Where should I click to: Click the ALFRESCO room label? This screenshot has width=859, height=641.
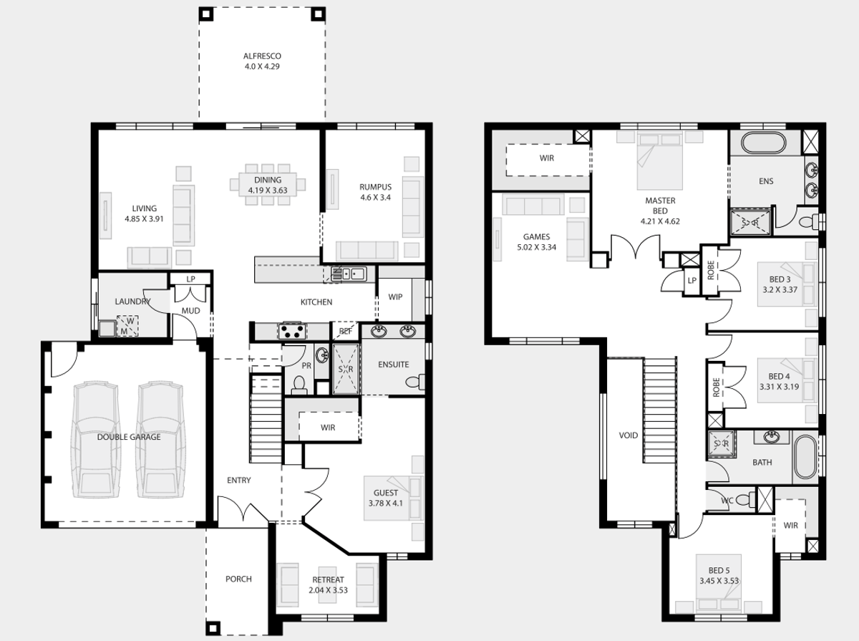pos(262,56)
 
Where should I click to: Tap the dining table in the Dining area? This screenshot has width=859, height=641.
pos(268,185)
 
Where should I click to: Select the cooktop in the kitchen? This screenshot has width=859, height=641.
pos(291,332)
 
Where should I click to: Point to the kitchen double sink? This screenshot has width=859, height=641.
pos(349,274)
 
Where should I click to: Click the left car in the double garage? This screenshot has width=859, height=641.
pos(95,439)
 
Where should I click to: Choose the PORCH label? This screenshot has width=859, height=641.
pos(238,579)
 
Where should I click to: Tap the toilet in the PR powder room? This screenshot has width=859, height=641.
pos(299,385)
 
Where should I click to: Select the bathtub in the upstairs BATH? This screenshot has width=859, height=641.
pos(805,456)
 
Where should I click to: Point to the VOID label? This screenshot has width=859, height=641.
pos(628,435)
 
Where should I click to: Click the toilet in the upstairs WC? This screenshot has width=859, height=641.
pos(745,500)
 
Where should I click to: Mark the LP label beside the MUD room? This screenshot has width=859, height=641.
pos(190,279)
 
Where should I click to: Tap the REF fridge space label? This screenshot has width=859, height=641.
pos(346,332)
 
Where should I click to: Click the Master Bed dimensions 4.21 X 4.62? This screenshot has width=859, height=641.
pos(660,221)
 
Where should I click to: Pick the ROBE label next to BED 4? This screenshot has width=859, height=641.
pos(716,387)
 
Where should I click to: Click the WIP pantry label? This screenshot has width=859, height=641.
pos(395,297)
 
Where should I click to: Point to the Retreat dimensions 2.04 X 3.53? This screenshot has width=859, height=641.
pos(328,590)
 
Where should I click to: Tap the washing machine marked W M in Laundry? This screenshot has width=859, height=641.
pos(127,326)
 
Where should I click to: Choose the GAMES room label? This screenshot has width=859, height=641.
pos(537,236)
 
